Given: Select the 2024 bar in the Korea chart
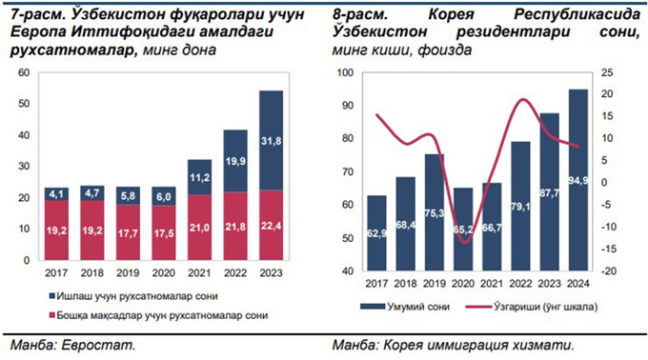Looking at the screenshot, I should [x=577, y=181].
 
